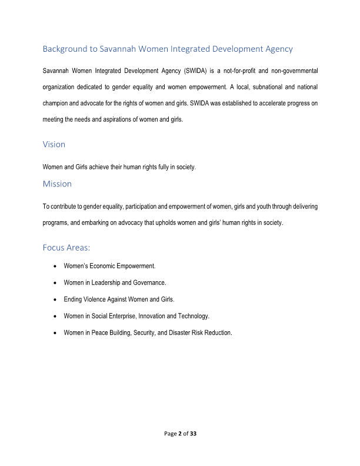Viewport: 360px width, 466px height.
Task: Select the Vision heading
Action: tap(54, 144)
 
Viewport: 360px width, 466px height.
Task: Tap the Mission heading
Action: tap(57, 184)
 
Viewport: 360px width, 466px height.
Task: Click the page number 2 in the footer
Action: tap(179, 434)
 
